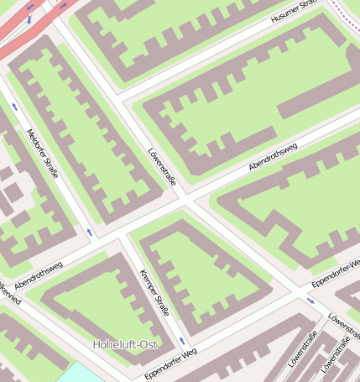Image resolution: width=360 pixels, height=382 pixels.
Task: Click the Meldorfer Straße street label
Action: pos(42,154)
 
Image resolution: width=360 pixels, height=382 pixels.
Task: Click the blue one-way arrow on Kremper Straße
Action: pos(182,341)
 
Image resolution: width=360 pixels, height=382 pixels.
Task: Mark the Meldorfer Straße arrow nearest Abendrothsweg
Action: pos(90,231)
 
